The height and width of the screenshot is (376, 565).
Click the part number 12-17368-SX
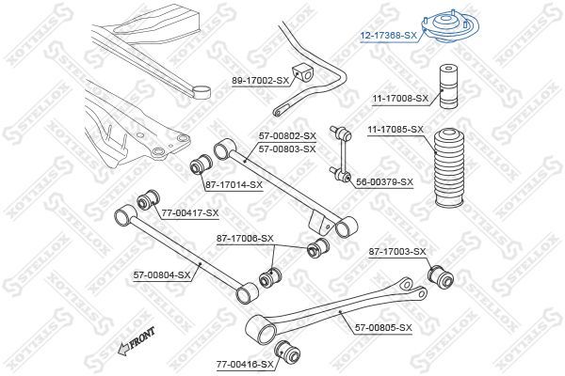389,36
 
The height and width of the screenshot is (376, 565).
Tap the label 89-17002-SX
260,81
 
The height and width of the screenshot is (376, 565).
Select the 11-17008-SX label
400,98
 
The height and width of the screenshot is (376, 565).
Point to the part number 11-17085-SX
395,129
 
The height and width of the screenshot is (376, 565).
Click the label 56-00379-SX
384,182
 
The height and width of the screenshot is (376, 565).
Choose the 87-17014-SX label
234,185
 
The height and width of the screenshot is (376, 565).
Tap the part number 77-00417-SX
190,213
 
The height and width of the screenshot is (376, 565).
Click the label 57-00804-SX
162,275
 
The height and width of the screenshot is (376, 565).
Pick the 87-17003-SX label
397,252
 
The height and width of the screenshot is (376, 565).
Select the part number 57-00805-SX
383,328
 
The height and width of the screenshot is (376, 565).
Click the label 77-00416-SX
245,365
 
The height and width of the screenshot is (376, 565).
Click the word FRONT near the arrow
143,337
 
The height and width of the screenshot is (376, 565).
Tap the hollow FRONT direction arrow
124,349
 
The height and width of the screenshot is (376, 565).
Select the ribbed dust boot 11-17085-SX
449,168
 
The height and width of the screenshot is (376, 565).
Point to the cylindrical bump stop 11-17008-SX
448,86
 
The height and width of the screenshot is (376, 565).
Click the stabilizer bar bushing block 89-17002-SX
302,73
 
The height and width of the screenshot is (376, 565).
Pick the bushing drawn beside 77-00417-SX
148,199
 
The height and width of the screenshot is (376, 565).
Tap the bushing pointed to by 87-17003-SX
441,277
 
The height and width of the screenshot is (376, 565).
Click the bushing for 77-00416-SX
287,352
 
